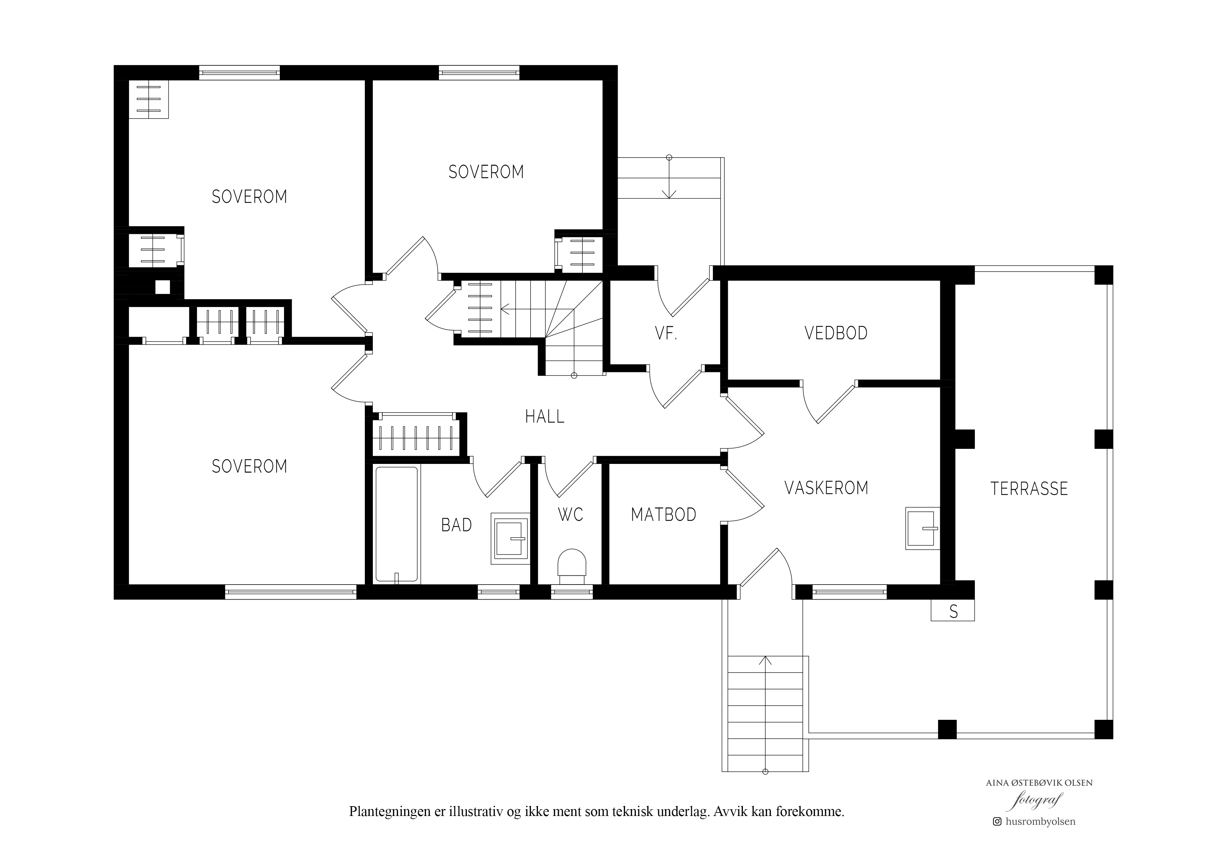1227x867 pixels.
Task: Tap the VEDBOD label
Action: tap(836, 333)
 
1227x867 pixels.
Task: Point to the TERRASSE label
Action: tap(1029, 488)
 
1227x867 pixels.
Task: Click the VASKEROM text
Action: tap(826, 488)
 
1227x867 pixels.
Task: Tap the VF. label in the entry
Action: tap(666, 334)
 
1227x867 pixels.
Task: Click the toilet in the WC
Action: tap(572, 566)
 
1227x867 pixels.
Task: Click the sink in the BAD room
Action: tap(510, 538)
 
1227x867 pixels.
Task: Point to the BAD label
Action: tap(456, 525)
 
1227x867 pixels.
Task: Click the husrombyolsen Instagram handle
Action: tap(1040, 837)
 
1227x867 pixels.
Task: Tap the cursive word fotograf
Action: tap(1036, 816)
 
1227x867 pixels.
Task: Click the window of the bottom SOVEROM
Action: tap(291, 592)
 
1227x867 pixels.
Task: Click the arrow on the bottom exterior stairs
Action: tap(765, 714)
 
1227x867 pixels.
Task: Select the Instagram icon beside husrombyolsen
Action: tap(997, 837)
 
